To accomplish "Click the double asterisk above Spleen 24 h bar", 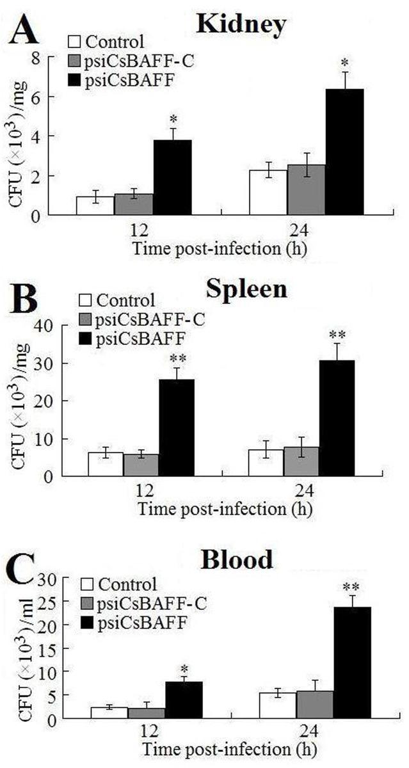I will click(337, 335).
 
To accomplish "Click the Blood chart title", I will click(237, 560).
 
